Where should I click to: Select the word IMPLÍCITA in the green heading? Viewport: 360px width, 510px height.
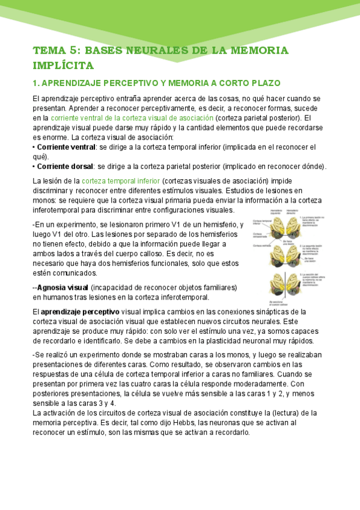63,64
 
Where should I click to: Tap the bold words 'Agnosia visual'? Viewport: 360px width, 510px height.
63,287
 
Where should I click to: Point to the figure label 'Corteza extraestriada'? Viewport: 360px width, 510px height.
259,235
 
